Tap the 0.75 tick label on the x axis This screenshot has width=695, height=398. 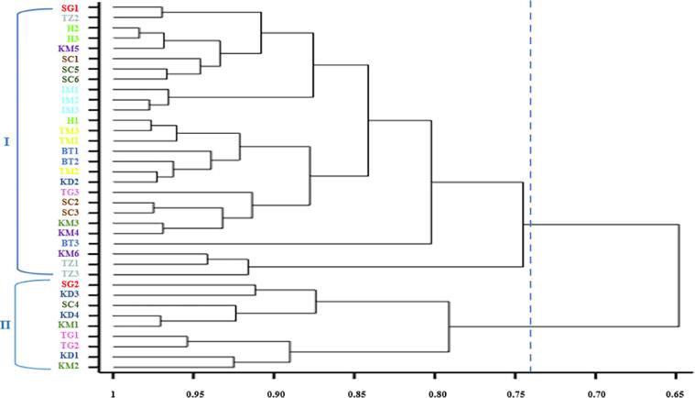[x=517, y=388]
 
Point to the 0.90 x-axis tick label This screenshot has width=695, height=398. [x=275, y=388]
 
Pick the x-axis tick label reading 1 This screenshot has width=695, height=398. [x=113, y=388]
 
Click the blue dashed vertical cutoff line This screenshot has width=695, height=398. [x=530, y=183]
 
